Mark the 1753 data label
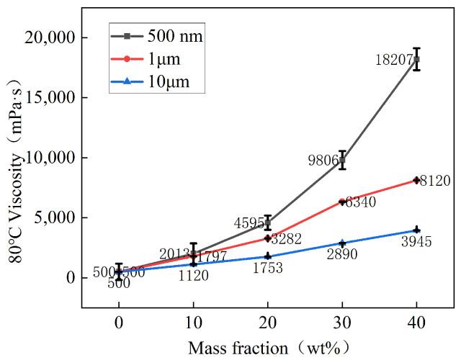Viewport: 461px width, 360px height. tap(267, 269)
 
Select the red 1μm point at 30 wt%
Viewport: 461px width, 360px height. tap(342, 202)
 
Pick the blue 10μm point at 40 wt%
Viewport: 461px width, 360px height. tap(416, 230)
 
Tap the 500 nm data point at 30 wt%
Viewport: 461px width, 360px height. tap(342, 160)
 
